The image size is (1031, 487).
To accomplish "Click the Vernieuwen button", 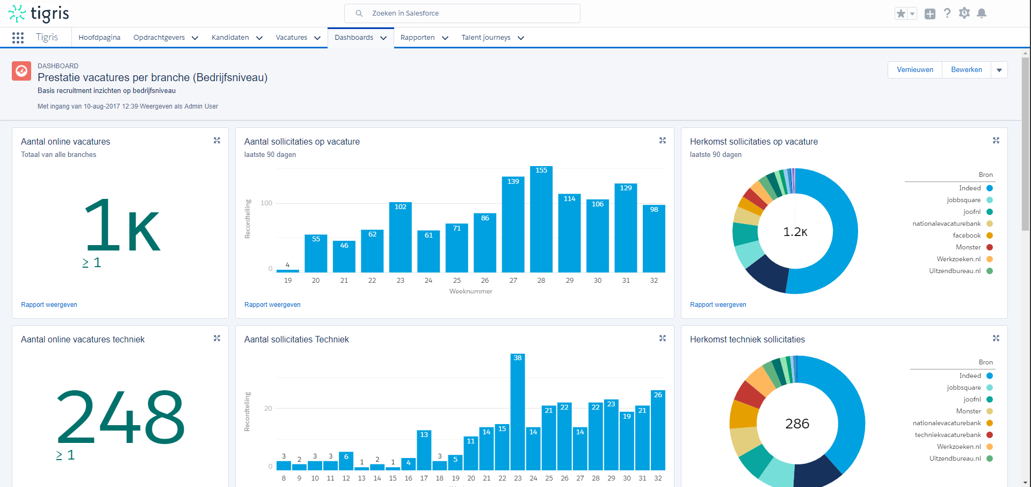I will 914,70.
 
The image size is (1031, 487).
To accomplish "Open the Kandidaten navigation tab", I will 230,38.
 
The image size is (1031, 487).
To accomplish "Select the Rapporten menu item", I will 417,38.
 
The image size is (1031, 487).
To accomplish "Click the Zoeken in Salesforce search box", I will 462,13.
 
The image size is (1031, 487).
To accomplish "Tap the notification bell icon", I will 982,13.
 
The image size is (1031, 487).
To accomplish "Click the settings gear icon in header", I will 964,13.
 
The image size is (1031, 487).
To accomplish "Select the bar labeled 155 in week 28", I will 541,220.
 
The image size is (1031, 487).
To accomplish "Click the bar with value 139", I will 513,226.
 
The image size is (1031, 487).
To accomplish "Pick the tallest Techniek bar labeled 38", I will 517,411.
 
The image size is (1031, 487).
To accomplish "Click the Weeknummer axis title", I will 470,291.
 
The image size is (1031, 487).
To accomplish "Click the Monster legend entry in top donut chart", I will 968,247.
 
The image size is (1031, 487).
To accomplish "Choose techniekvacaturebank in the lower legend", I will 948,435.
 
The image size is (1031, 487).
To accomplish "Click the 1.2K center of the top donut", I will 795,232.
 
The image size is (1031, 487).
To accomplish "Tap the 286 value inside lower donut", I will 797,424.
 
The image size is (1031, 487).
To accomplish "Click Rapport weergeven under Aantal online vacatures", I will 49,305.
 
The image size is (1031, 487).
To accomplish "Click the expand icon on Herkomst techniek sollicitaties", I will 996,338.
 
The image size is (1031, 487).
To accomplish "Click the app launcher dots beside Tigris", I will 18,38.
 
